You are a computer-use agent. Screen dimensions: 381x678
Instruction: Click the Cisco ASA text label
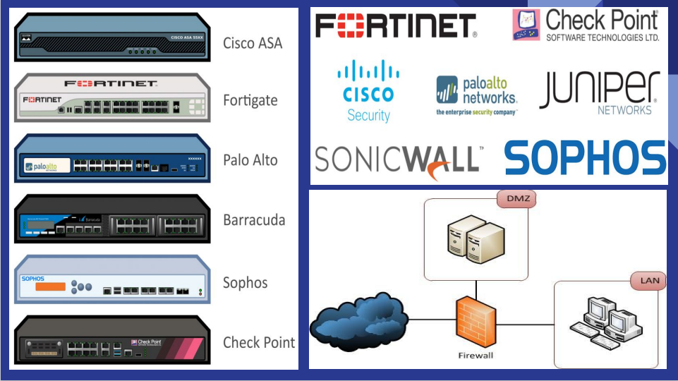(x=252, y=43)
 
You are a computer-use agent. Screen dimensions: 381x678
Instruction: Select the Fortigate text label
(x=250, y=100)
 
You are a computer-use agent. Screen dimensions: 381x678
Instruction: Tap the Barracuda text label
(x=254, y=220)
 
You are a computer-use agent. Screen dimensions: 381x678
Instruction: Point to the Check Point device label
(x=258, y=343)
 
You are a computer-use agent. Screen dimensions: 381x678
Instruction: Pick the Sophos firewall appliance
(x=113, y=282)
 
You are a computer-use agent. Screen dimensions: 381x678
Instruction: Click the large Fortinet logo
(x=396, y=26)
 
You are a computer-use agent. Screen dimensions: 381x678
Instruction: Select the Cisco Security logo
(x=368, y=90)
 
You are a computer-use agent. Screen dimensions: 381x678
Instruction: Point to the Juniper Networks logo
(x=600, y=92)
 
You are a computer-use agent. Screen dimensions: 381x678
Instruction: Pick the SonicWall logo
(x=398, y=160)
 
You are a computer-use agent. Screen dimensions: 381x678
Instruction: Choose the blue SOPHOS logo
(x=585, y=158)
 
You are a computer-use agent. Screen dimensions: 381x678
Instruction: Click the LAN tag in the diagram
(x=648, y=281)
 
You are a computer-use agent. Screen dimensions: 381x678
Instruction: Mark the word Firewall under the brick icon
(x=476, y=355)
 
